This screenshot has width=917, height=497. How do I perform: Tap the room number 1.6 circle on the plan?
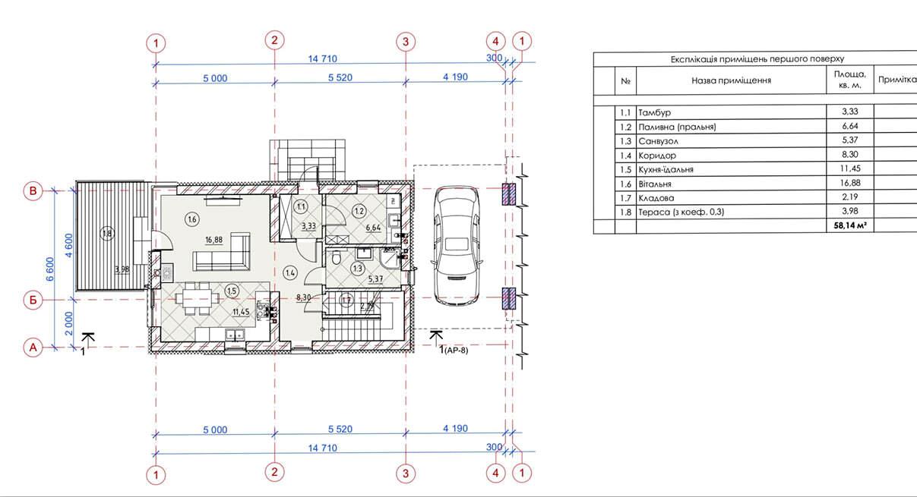pos(192,219)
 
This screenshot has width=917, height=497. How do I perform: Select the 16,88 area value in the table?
pos(850,183)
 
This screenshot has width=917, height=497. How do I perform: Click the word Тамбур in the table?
pos(654,112)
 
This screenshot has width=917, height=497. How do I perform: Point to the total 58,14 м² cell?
pos(850,225)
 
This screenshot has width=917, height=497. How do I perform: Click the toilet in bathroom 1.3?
pos(336,257)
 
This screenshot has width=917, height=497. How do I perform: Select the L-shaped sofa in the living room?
pos(223,252)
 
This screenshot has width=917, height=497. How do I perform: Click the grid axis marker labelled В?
pos(33,191)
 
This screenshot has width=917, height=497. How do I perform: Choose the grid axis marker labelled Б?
pos(33,300)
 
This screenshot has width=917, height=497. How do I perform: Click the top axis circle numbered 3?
pos(406,42)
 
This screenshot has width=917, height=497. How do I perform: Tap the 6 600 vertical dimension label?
pos(50,269)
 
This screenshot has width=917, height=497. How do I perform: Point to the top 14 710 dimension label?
pos(323,59)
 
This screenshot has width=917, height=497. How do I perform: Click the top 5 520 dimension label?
pos(340,77)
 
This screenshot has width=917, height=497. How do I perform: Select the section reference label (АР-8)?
pos(456,351)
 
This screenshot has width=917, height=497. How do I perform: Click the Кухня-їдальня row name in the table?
pos(666,169)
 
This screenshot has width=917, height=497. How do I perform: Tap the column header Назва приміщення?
pos(731,80)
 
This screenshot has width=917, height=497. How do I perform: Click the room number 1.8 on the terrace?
pos(107,234)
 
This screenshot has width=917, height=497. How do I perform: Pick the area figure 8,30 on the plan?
pos(303,297)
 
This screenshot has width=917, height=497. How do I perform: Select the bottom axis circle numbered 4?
pos(496,473)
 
